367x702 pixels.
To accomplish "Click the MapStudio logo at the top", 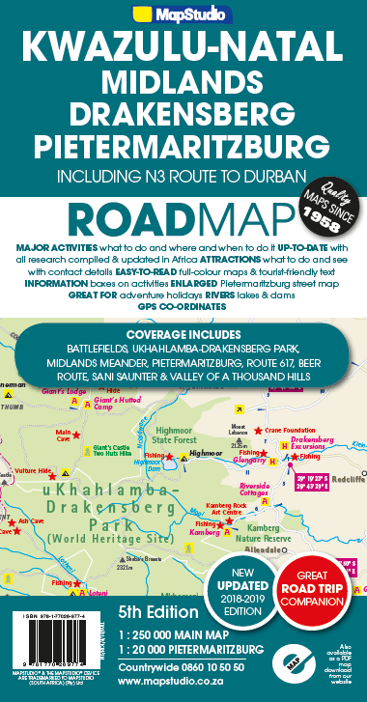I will pyautogui.click(x=183, y=16).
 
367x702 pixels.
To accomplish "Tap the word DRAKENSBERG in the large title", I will pyautogui.click(x=183, y=115).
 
